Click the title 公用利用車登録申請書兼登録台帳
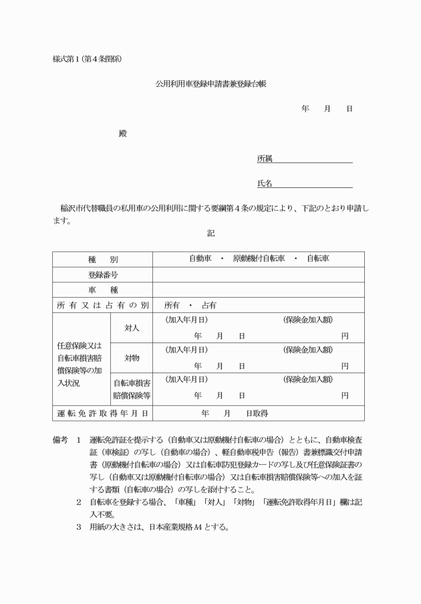click(x=210, y=85)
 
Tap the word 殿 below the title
click(x=122, y=133)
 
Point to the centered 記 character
click(x=210, y=233)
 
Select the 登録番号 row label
click(x=102, y=274)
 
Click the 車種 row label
click(x=102, y=290)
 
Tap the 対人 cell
click(x=132, y=328)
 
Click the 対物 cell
click(x=132, y=358)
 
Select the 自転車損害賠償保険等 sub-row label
click(x=132, y=389)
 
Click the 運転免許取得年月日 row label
click(x=102, y=413)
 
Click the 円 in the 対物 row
click(x=344, y=366)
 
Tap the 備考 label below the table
click(x=60, y=441)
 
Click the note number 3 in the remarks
click(x=78, y=526)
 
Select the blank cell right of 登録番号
click(x=259, y=274)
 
